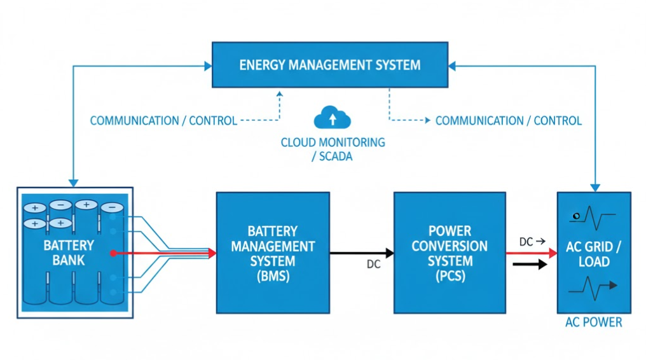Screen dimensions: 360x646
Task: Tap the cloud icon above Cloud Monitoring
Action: click(x=333, y=119)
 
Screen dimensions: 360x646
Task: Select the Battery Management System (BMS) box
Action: click(x=273, y=253)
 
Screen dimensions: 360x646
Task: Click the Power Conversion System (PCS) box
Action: click(x=450, y=253)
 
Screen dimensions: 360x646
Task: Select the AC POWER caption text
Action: click(x=593, y=322)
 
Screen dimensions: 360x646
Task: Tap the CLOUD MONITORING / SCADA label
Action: click(x=333, y=149)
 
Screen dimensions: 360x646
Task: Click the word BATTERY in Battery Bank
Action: click(x=69, y=246)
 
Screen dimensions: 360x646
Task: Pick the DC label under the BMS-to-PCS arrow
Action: click(x=373, y=265)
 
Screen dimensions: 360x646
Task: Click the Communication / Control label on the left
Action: click(x=163, y=120)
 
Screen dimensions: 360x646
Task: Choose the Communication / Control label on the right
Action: click(x=508, y=120)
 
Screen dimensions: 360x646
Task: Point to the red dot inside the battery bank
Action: click(x=113, y=253)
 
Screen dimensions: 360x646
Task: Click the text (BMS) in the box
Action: click(x=273, y=276)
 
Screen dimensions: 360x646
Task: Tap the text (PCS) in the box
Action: click(x=450, y=276)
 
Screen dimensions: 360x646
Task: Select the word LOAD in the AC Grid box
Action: click(x=594, y=261)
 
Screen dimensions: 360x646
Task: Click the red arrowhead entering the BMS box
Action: click(x=212, y=253)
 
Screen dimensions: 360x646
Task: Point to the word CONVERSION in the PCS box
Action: click(x=450, y=246)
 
